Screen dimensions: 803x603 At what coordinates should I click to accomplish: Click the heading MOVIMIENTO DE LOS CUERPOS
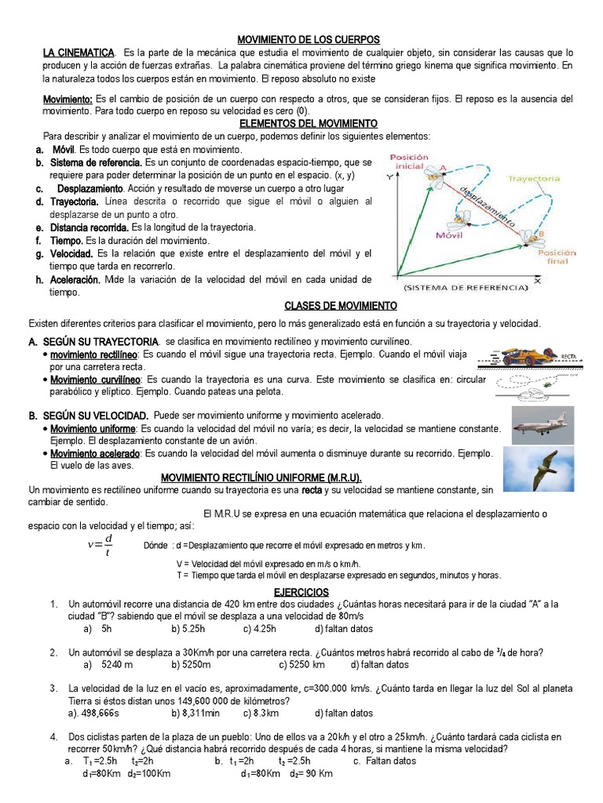[309, 39]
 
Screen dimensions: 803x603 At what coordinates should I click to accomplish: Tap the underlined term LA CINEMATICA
[77, 52]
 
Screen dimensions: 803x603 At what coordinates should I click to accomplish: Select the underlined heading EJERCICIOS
[301, 592]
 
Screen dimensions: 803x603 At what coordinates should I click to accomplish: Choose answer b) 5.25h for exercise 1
[188, 629]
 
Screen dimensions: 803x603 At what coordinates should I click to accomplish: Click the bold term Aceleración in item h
[75, 280]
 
